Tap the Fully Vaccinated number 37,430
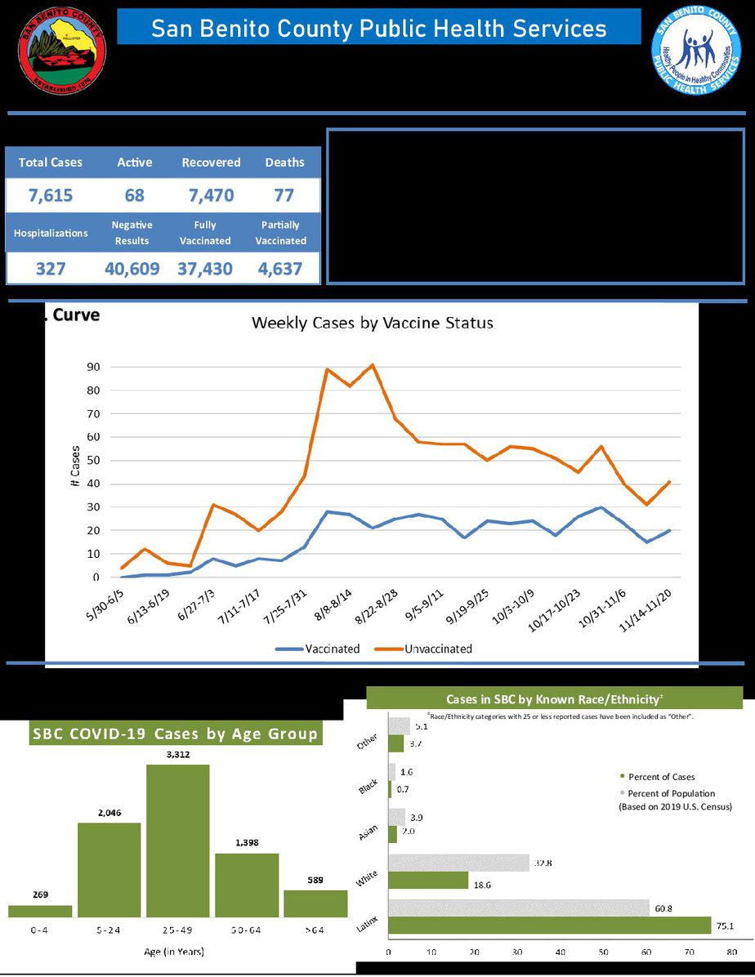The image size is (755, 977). pos(205,269)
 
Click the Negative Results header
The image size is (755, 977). pos(132,233)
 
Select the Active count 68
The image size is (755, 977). pos(135,196)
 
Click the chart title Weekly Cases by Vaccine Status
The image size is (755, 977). pos(372,323)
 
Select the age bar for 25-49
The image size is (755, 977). pos(177,841)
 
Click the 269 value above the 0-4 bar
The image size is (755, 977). pos(40,894)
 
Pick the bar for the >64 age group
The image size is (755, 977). pos(315,903)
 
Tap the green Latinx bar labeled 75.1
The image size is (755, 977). pos(549,925)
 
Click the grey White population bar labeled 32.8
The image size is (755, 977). pos(458,863)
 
